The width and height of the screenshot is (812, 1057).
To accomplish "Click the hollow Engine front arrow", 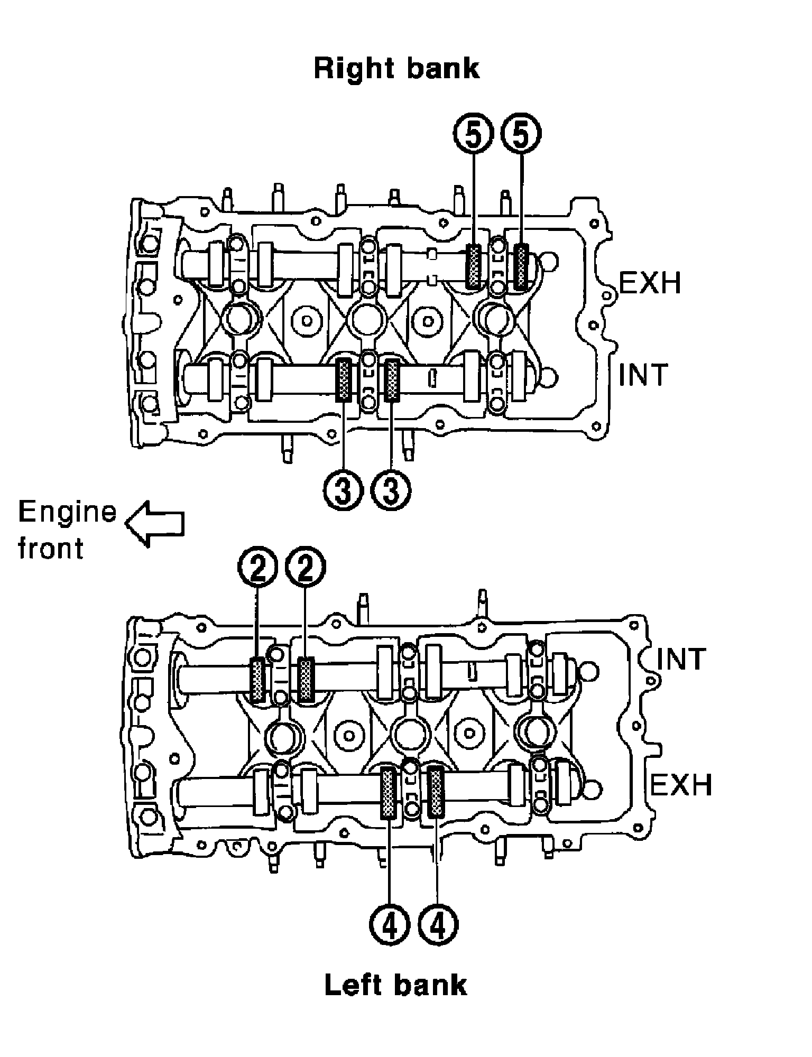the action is (x=154, y=524).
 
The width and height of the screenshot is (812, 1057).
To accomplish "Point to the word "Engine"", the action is (x=67, y=513).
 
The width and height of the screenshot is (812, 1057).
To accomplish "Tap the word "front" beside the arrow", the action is (x=51, y=548).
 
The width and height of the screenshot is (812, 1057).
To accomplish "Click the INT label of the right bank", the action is (x=643, y=374).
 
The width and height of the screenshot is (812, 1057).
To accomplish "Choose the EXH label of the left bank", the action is (x=681, y=784).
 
